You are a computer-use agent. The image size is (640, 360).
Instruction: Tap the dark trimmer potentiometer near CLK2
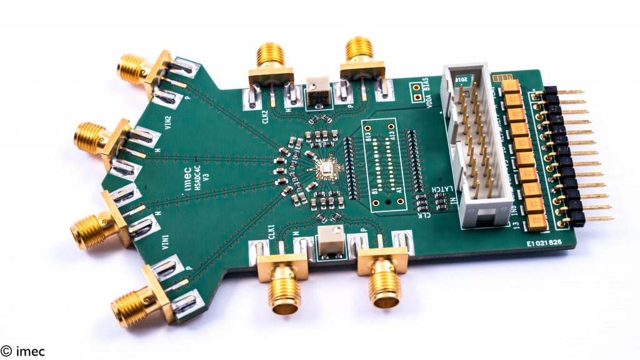[x=318, y=96]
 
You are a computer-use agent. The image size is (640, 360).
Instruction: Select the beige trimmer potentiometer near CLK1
[x=327, y=241]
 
